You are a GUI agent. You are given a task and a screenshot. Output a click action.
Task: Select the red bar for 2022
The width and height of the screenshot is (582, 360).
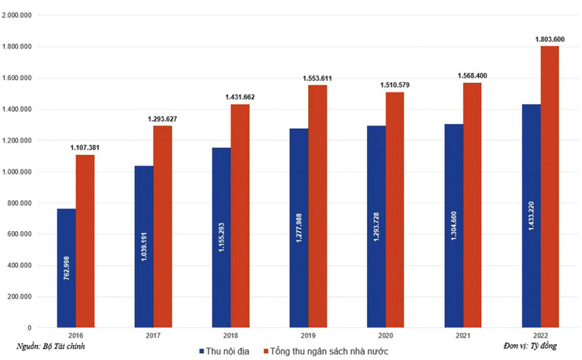click(550, 186)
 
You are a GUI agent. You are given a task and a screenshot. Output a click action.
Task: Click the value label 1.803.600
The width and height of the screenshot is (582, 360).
click(550, 39)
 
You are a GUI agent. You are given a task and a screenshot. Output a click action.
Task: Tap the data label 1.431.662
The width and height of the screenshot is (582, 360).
click(240, 97)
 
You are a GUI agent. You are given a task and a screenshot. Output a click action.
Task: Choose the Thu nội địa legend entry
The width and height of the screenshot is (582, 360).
click(224, 351)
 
